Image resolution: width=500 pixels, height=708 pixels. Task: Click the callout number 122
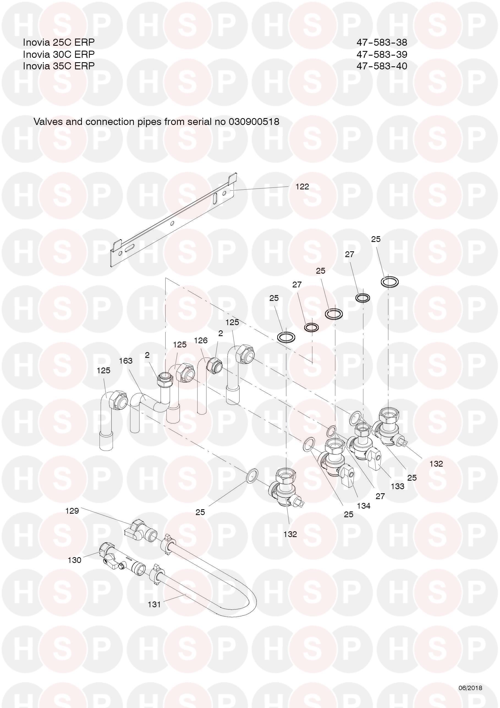tap(302, 187)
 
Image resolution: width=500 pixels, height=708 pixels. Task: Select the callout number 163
tap(126, 361)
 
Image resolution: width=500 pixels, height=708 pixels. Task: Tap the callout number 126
tap(200, 341)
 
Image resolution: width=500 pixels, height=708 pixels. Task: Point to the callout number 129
tap(72, 511)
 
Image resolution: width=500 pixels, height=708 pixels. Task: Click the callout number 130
tap(74, 560)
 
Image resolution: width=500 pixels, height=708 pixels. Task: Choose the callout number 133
tap(397, 486)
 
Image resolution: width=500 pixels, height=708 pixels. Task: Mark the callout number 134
tap(364, 506)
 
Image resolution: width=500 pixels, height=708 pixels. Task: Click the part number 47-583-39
tap(382, 54)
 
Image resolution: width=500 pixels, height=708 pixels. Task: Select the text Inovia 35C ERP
tap(59, 66)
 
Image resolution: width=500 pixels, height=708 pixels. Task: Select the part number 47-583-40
tap(382, 66)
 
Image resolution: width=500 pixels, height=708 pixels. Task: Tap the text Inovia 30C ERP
tap(59, 54)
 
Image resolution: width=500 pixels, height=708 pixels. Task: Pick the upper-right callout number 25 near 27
tap(375, 239)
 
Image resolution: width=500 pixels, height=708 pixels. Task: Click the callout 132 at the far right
tap(436, 464)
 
